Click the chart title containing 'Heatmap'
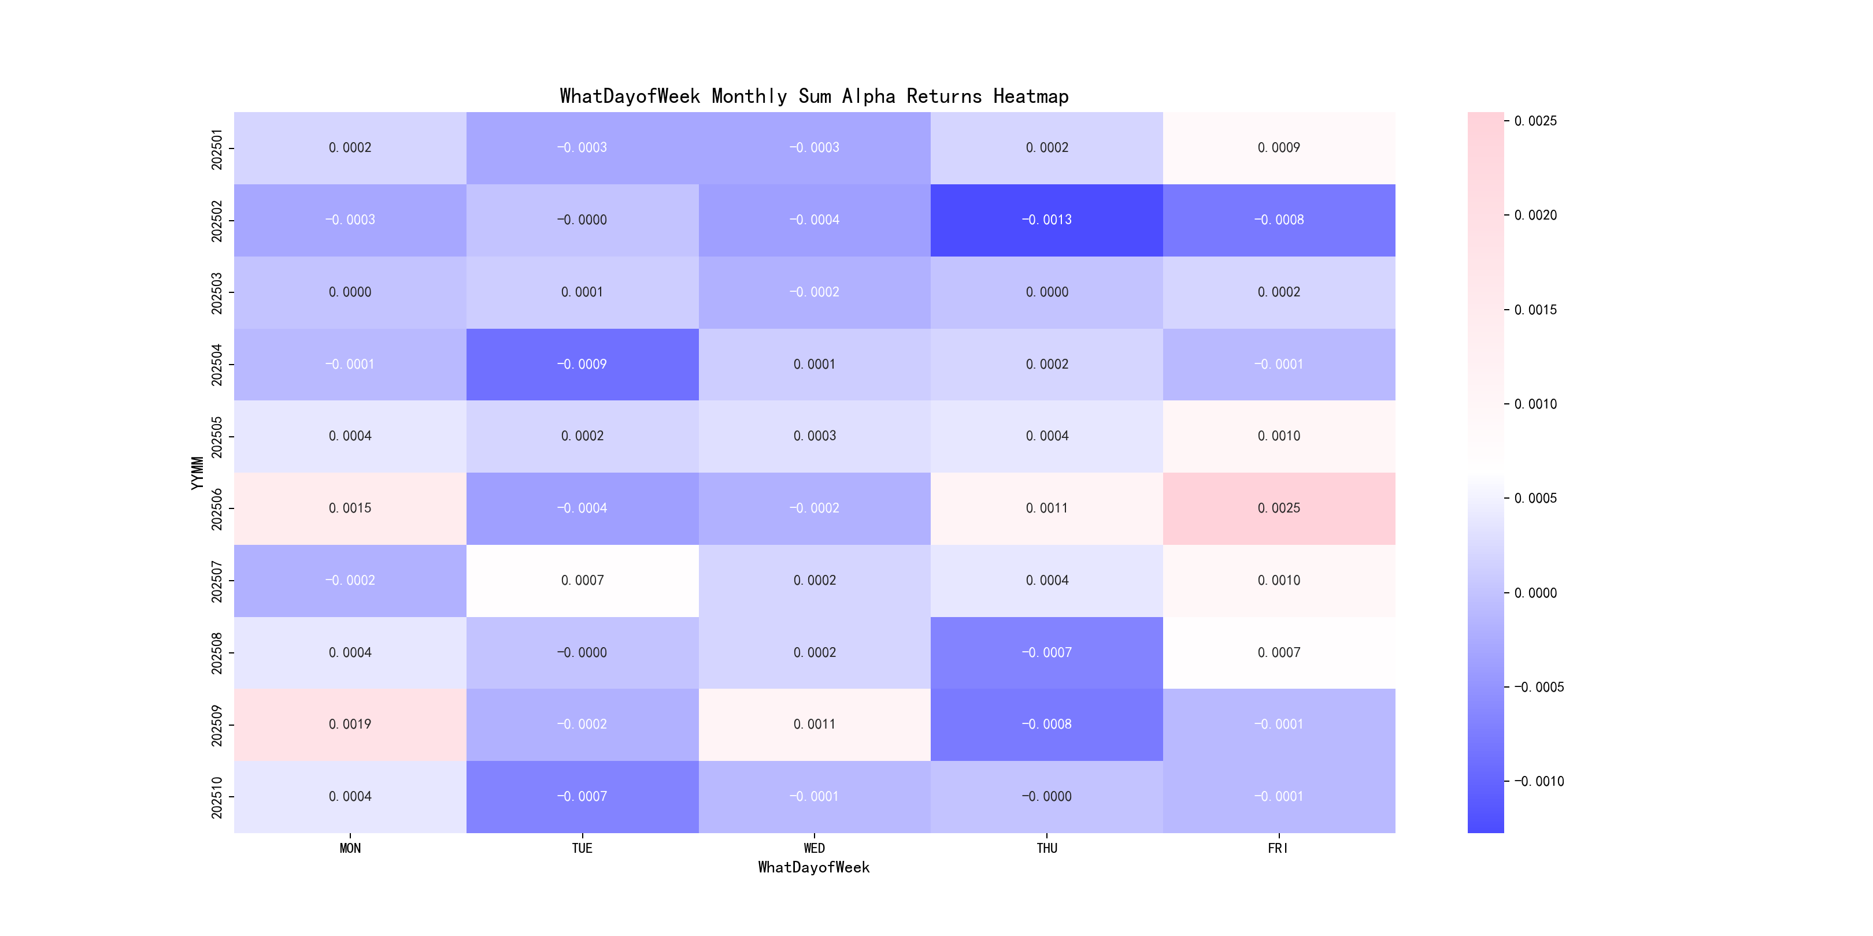pyautogui.click(x=813, y=96)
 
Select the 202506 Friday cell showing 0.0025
pyautogui.click(x=1278, y=508)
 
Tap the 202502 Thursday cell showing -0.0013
pyautogui.click(x=1046, y=220)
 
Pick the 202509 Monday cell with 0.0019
pyautogui.click(x=350, y=725)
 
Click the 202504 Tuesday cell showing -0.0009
pyautogui.click(x=582, y=364)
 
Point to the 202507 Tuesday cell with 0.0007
pyautogui.click(x=582, y=580)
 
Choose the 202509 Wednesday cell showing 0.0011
pyautogui.click(x=815, y=725)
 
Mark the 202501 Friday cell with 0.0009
pyautogui.click(x=1278, y=147)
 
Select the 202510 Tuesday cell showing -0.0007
pyautogui.click(x=582, y=797)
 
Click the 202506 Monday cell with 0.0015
pyautogui.click(x=350, y=508)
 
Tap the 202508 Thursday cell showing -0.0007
pyautogui.click(x=1046, y=652)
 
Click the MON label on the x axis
pyautogui.click(x=350, y=848)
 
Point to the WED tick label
pyautogui.click(x=815, y=848)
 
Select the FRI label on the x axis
pyautogui.click(x=1278, y=848)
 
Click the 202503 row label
pyautogui.click(x=217, y=293)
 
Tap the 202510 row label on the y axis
pyautogui.click(x=217, y=797)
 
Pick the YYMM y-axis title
pyautogui.click(x=197, y=473)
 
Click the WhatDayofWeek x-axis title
pyautogui.click(x=813, y=867)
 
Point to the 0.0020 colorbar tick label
pyautogui.click(x=1535, y=215)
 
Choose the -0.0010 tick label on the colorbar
pyautogui.click(x=1538, y=781)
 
